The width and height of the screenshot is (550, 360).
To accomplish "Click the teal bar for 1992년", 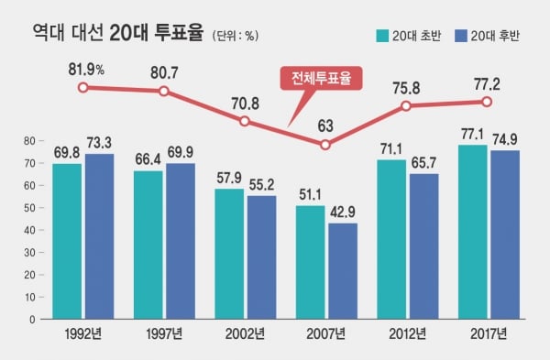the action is (x=67, y=241).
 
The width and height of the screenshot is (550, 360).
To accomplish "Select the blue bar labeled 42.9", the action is (x=343, y=271).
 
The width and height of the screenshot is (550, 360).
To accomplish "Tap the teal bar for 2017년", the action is (x=472, y=232).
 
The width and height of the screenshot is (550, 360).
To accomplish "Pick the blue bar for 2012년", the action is (x=424, y=246).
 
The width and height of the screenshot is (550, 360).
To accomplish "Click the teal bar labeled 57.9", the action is (x=229, y=254).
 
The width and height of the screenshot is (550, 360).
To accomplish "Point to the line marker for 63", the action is (x=325, y=145).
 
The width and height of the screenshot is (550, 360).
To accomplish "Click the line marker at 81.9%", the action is (x=82, y=87).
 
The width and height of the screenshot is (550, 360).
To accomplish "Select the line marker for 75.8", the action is (x=406, y=105).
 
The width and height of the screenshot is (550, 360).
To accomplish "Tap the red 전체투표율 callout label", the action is (x=321, y=78).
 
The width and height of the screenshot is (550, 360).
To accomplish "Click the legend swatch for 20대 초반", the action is (x=382, y=36).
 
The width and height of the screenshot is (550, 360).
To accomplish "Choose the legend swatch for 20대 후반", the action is (x=460, y=36).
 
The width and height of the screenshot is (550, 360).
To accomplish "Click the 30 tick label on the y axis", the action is (x=30, y=253).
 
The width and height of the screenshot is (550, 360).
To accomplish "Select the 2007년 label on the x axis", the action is (x=325, y=333).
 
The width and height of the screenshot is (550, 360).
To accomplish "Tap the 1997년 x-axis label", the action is (x=164, y=333).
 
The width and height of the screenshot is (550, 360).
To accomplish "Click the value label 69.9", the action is (x=181, y=152).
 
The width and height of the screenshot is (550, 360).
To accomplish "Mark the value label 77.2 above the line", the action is (x=487, y=84).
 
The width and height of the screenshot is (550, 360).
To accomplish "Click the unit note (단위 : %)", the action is (x=236, y=36).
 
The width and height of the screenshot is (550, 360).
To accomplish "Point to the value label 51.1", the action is (x=310, y=195).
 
